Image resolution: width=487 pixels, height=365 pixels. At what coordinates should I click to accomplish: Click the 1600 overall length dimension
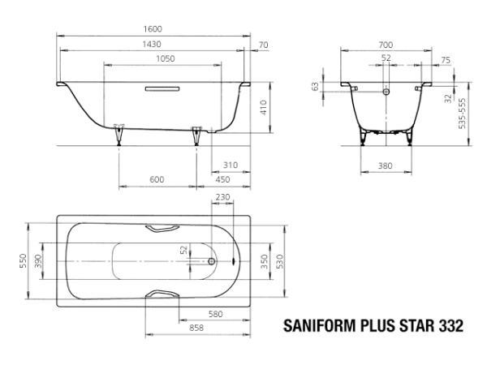coord(153,29)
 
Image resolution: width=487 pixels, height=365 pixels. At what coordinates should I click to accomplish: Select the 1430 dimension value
coord(152,44)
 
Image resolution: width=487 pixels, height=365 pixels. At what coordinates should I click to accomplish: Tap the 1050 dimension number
coord(166,58)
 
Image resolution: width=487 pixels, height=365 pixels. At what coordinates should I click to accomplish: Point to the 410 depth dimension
coord(263,107)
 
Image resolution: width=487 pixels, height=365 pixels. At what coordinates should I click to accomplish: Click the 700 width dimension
coord(386,45)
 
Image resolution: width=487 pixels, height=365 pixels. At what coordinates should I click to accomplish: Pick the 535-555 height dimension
coord(462,114)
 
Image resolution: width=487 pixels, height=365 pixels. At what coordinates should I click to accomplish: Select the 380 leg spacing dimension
coord(385,165)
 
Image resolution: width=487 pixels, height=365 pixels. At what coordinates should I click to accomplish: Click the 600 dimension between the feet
coord(157,179)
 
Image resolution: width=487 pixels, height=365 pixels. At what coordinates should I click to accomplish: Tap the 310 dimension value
coord(231,165)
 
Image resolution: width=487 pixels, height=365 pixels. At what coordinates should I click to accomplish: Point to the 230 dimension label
coord(222,197)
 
